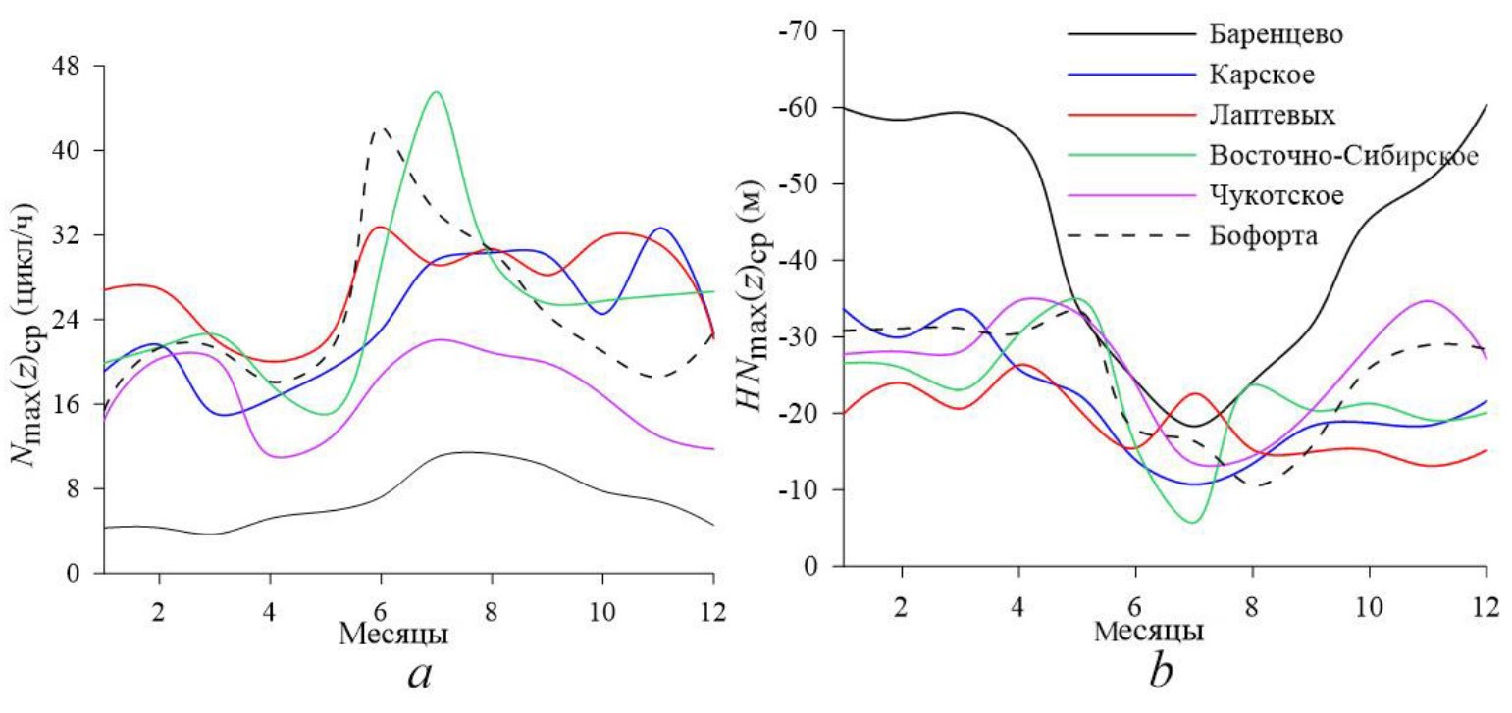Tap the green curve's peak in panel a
click(x=436, y=92)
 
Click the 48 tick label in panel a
click(x=78, y=66)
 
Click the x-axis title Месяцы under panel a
click(x=394, y=634)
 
